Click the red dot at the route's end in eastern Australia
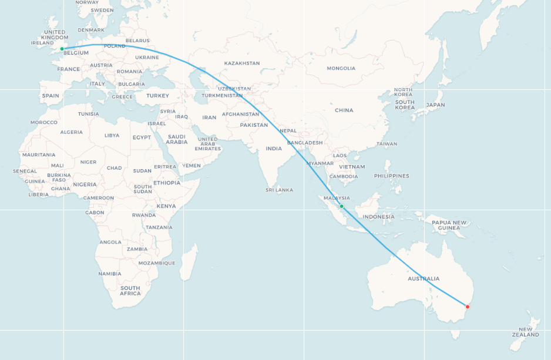(x=468, y=307)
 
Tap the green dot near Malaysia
(x=341, y=206)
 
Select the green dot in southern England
(x=62, y=49)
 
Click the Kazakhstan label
(x=242, y=63)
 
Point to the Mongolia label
(x=341, y=68)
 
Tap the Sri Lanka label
(x=279, y=190)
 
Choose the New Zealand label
(x=525, y=332)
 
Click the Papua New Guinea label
(x=449, y=225)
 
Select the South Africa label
(x=130, y=291)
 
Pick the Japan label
(x=435, y=105)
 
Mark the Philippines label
(x=391, y=176)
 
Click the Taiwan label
(x=387, y=144)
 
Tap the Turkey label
(x=157, y=96)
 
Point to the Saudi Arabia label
(x=176, y=139)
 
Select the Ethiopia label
(x=167, y=183)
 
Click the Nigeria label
(x=85, y=184)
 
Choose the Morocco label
(x=44, y=122)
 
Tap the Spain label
(x=51, y=96)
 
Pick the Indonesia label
(x=379, y=217)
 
